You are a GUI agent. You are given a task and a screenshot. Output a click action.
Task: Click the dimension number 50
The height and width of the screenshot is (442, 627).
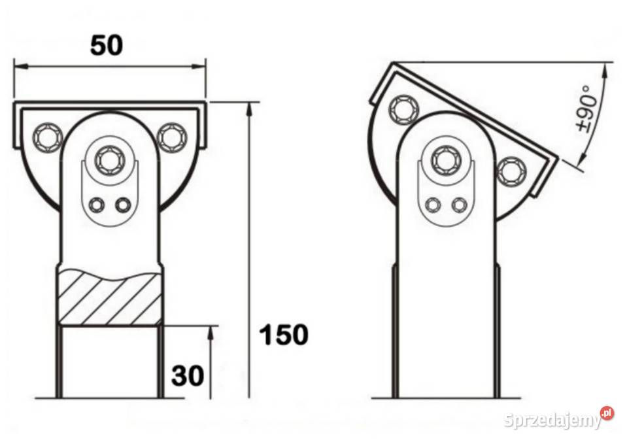coord(107,45)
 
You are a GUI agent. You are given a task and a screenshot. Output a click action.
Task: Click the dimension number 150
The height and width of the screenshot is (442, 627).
coord(284,335)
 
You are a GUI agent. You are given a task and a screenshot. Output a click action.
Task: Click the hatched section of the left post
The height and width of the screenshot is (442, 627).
coord(109,298)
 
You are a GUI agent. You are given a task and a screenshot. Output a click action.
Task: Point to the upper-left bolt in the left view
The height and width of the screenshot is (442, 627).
coord(47,137)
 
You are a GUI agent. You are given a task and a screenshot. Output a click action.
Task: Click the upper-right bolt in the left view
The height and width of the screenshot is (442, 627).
coord(171,137)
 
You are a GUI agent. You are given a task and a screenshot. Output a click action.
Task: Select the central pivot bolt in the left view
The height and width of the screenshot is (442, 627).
coord(109,158)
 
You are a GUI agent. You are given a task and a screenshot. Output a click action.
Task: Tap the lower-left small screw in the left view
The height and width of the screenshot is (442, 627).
coord(97,205)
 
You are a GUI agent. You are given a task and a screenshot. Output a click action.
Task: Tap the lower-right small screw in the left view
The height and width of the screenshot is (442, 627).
coord(122,205)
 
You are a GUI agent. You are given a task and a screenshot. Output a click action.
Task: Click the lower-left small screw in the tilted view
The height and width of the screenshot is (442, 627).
coord(432,205)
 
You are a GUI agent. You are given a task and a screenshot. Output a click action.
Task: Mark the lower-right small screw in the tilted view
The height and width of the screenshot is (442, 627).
coord(458,205)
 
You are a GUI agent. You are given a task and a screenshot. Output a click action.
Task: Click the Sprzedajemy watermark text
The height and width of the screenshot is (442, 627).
coord(552,421)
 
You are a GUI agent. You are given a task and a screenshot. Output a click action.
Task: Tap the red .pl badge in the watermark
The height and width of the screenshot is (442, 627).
coord(607,413)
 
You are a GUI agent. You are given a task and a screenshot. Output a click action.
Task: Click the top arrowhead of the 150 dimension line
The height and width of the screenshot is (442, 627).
coord(249,108)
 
